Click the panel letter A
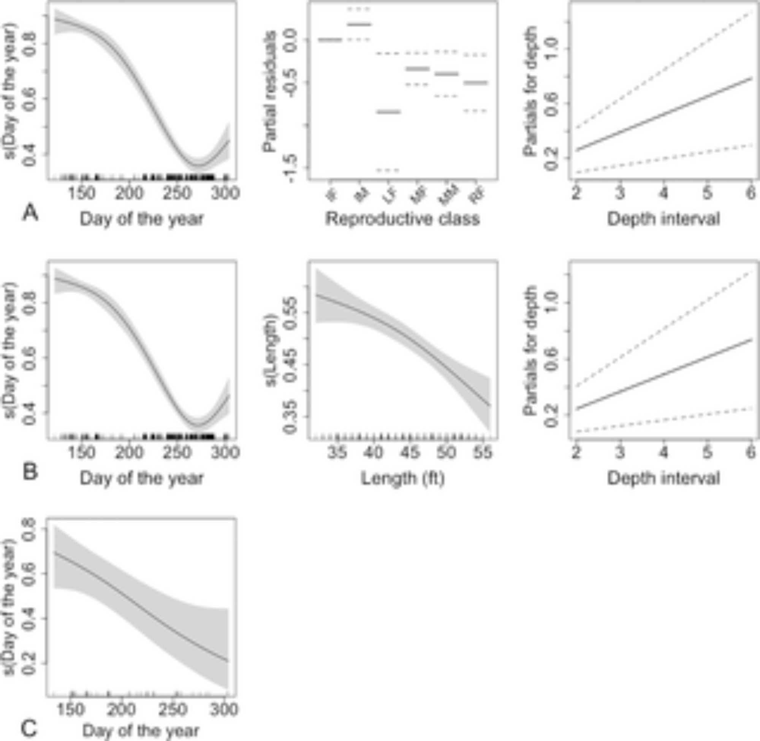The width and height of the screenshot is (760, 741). point(30,213)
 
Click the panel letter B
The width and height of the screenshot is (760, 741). point(30,472)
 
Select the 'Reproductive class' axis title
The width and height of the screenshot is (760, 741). point(402,219)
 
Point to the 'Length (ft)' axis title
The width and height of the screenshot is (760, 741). point(403,478)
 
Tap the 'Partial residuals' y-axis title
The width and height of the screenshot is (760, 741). point(269,92)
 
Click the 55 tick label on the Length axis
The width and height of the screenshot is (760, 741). point(483,453)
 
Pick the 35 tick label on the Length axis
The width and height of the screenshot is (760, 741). point(337,453)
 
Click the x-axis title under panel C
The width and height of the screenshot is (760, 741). point(141,730)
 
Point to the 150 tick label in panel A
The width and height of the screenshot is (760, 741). point(81,193)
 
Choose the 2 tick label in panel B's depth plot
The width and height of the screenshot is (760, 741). point(576,452)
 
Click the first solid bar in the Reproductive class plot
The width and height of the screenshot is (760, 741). point(330,39)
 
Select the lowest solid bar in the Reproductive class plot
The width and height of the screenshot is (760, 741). point(388,112)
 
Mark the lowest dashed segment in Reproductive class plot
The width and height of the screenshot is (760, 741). point(388,170)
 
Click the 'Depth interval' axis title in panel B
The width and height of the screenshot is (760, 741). point(663,478)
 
